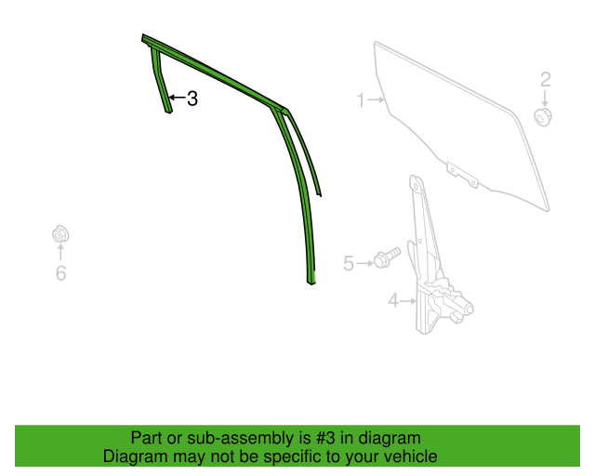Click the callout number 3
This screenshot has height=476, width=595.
tap(192, 99)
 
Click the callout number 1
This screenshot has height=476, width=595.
tap(361, 100)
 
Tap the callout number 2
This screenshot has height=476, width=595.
tap(546, 80)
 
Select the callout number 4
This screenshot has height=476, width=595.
tap(393, 301)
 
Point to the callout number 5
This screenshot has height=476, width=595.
tap(349, 263)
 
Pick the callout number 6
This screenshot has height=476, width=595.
tap(60, 273)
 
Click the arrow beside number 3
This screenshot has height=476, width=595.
tap(177, 98)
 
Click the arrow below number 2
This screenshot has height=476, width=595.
tap(546, 98)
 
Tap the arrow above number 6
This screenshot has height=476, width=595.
tap(60, 252)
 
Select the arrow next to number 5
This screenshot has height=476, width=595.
tap(364, 263)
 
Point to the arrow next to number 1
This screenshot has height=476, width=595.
tap(376, 99)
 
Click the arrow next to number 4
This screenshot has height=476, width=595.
tap(408, 301)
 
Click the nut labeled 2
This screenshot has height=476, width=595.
tap(543, 117)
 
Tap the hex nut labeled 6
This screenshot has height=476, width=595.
tap(60, 234)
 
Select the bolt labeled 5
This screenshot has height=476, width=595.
tap(387, 257)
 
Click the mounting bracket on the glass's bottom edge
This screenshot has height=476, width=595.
tap(462, 175)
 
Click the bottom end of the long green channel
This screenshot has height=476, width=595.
tap(311, 283)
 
